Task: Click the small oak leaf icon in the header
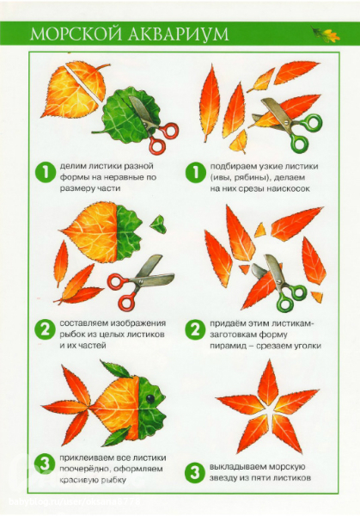click(x=326, y=34)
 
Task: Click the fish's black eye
click(x=150, y=398)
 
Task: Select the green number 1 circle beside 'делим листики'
click(x=45, y=173)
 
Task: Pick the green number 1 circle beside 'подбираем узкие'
click(x=195, y=173)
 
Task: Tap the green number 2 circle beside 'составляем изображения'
click(x=45, y=329)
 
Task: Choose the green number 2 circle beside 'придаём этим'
click(x=195, y=329)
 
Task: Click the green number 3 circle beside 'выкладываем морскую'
click(x=195, y=472)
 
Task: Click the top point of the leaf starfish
click(x=270, y=360)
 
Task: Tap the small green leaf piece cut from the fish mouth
click(x=158, y=224)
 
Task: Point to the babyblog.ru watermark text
click(x=75, y=502)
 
